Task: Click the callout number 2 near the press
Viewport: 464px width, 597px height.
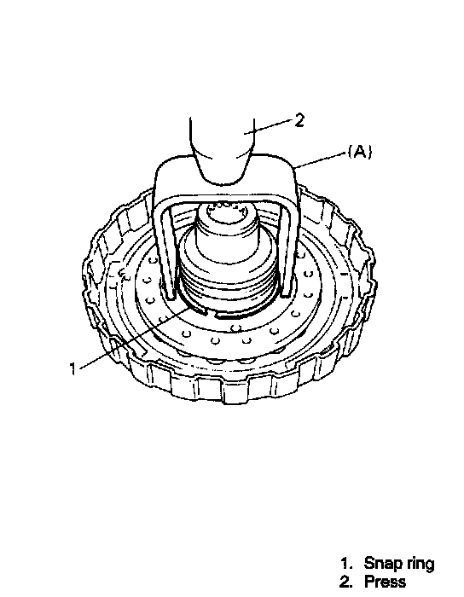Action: [299, 121]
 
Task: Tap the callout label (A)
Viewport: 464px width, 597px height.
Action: [360, 152]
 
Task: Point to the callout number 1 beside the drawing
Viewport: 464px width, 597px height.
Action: [72, 368]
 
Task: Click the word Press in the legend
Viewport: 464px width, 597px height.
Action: [385, 582]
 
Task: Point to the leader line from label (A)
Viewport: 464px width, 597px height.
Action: [322, 159]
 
